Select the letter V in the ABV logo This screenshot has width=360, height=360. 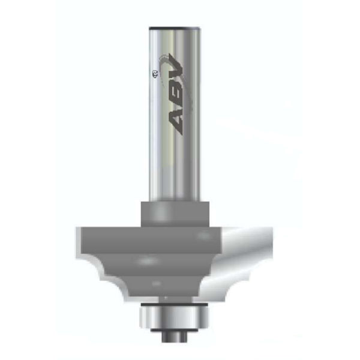(176, 65)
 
